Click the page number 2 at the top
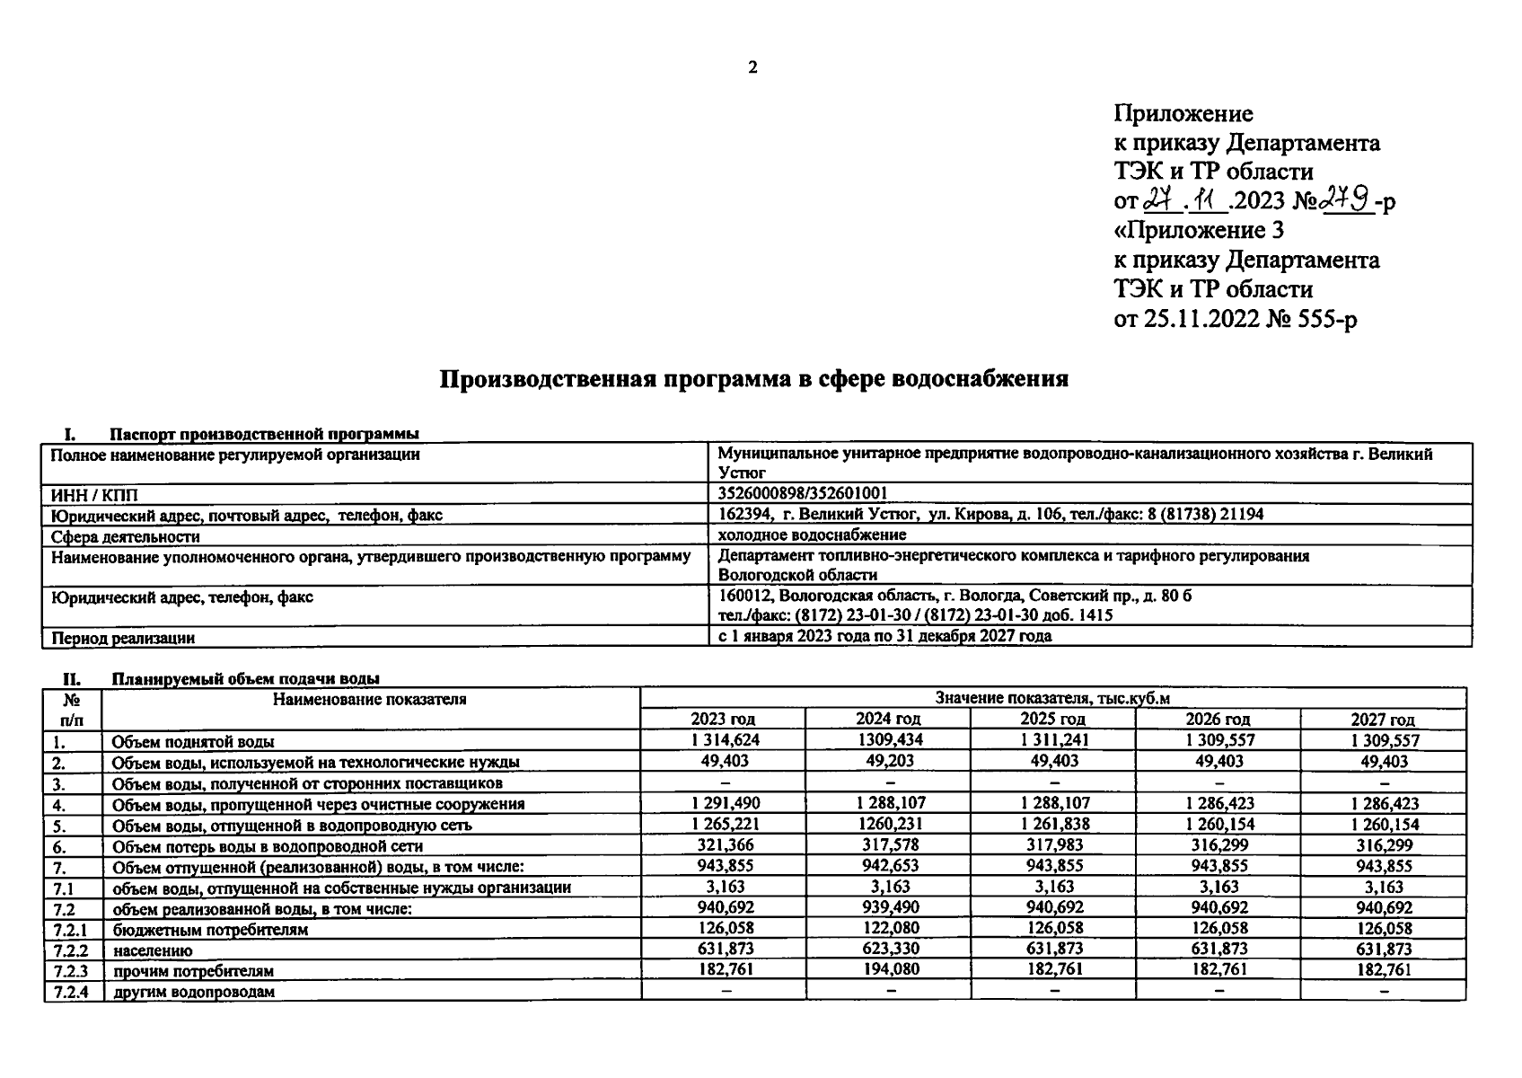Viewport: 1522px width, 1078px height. pos(752,67)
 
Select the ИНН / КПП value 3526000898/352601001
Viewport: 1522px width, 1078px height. pos(803,493)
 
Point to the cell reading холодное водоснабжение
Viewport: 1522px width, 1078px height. pos(812,535)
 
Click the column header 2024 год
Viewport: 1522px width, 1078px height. pos(888,719)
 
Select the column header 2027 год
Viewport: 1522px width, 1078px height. pos(1383,719)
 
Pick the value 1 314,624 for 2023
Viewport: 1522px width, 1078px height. pos(724,740)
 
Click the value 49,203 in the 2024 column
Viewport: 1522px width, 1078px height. pos(889,761)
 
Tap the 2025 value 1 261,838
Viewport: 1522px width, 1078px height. pos(1054,824)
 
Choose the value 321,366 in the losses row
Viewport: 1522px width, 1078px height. pos(724,844)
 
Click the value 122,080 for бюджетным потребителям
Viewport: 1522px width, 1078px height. pos(889,928)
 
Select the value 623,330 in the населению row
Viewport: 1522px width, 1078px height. pos(889,949)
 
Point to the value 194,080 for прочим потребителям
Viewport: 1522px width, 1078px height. pos(889,969)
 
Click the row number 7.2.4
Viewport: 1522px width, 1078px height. pos(70,991)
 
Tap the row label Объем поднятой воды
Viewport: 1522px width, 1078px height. pos(193,742)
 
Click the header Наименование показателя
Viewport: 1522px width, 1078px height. pos(370,699)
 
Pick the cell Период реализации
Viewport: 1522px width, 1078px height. pos(123,638)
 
